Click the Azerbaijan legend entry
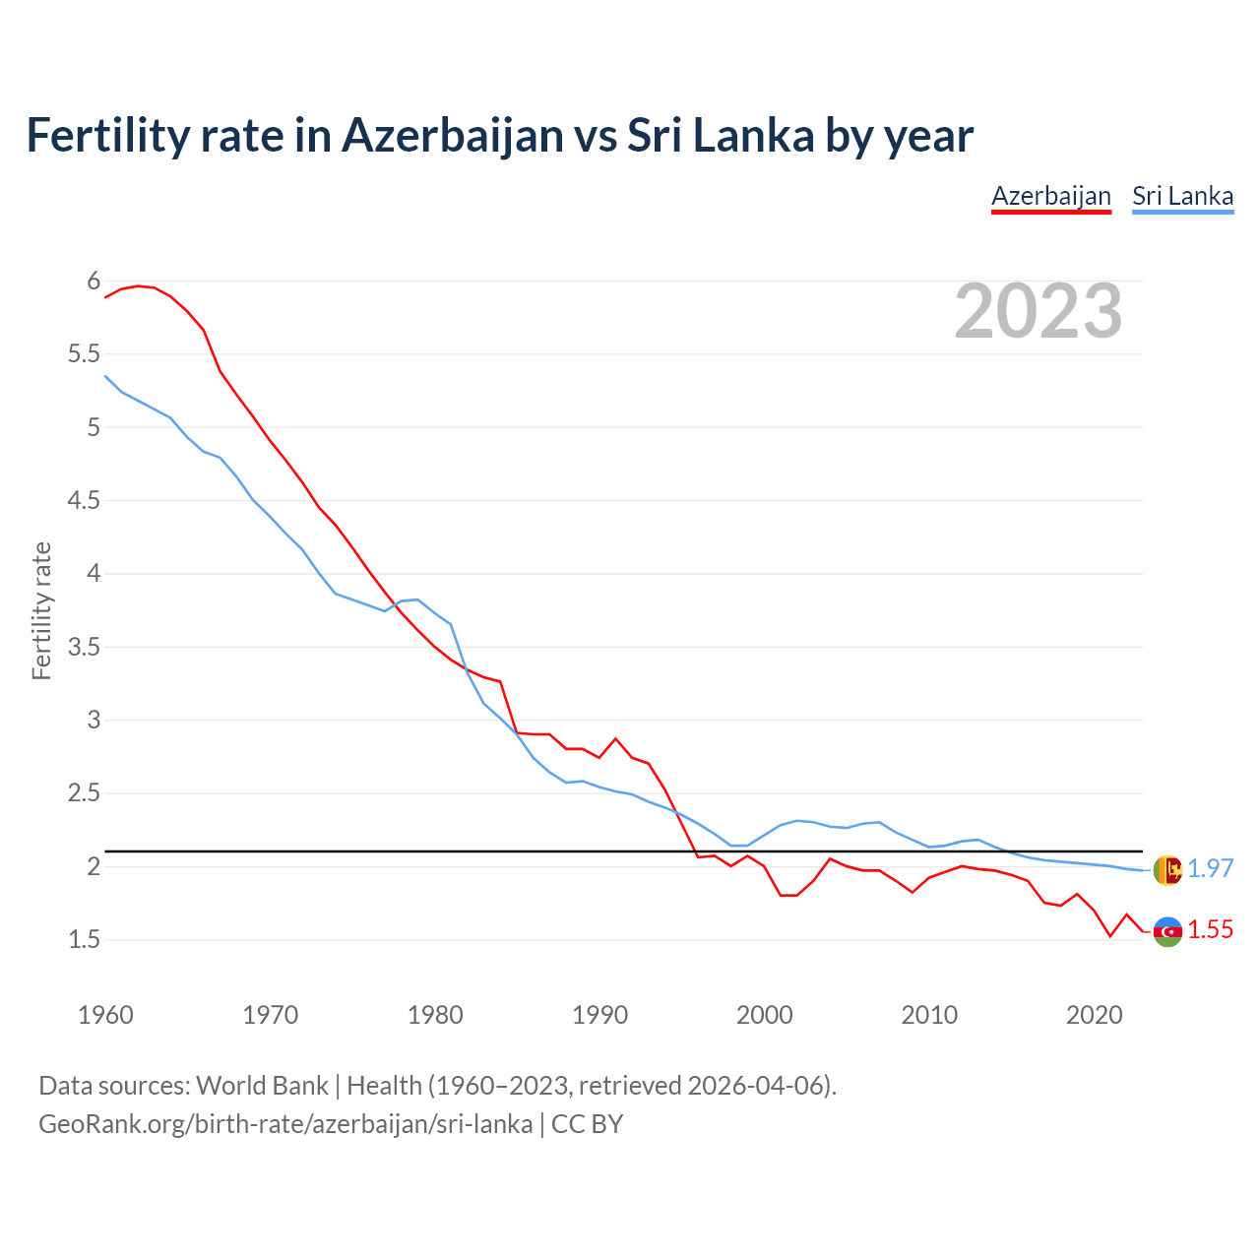coord(1050,196)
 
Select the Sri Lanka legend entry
coord(1182,196)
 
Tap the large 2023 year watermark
coord(1039,311)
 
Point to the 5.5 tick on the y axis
coord(84,354)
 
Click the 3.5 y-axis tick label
coord(84,647)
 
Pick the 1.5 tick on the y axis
coord(84,940)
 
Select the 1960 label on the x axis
coord(105,1015)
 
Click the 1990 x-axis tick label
coord(599,1015)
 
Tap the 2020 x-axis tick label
coord(1094,1015)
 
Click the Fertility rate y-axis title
coord(41,610)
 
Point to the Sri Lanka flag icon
coord(1167,870)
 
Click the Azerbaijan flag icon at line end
coord(1167,931)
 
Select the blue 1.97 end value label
coord(1210,868)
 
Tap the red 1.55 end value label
coord(1210,930)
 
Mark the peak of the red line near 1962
coord(138,285)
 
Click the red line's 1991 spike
coord(616,738)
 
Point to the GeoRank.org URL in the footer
coord(285,1124)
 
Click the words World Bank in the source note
coord(262,1086)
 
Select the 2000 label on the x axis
coord(764,1015)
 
